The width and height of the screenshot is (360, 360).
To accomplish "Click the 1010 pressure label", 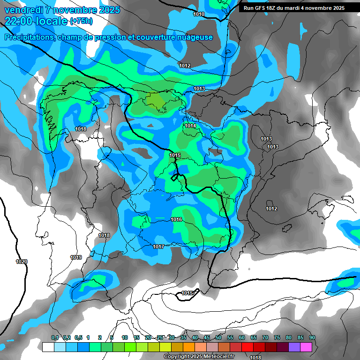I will click(199, 15).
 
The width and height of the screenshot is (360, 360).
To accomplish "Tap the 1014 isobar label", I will click(190, 126).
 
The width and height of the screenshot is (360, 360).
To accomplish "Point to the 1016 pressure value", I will click(176, 220).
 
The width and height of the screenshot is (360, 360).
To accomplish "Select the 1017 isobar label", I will click(158, 247).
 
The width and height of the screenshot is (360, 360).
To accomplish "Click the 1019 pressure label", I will click(76, 257).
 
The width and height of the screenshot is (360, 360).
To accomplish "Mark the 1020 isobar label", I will click(22, 262).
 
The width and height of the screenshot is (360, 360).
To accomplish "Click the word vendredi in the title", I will click(23, 10).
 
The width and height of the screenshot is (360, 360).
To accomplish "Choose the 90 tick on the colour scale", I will click(312, 338).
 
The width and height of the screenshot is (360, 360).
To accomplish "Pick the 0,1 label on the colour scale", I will click(55, 338).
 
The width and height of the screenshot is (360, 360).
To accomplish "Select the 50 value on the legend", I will click(218, 338).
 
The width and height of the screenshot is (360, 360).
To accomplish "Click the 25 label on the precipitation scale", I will click(160, 338).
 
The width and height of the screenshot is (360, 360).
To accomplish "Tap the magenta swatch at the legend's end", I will click(306, 347).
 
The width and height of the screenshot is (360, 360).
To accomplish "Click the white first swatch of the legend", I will click(48, 347).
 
